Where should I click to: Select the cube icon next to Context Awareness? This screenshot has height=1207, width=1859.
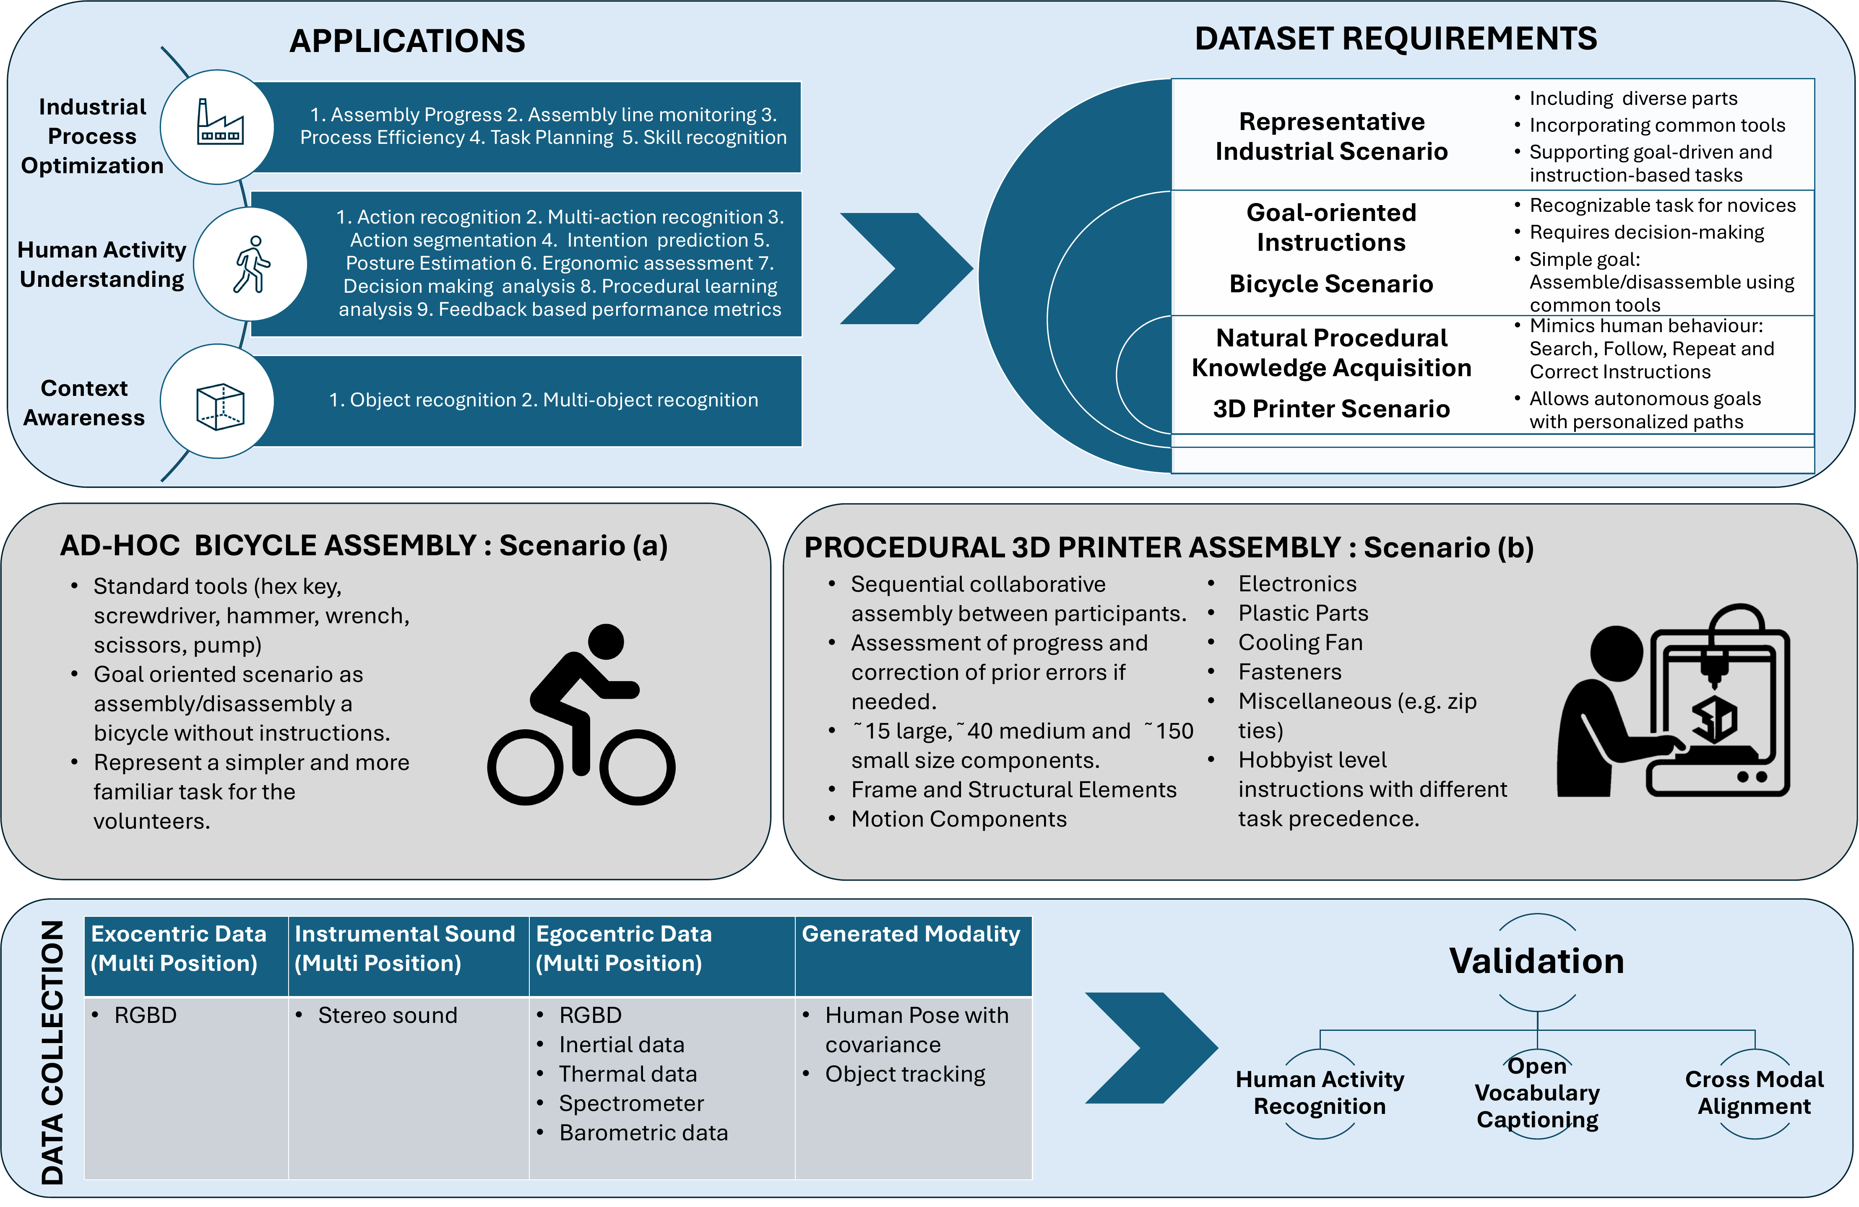219,406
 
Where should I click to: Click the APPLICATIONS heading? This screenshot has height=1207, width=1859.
407,41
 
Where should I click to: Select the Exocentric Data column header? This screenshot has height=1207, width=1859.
179,948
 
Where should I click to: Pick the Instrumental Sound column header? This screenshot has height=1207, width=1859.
405,948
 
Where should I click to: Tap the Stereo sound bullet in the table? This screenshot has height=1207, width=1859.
388,1015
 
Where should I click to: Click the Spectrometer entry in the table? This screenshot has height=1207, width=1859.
631,1103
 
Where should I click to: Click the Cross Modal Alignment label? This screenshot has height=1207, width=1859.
1754,1092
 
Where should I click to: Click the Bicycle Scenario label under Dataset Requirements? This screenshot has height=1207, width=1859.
1331,284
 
